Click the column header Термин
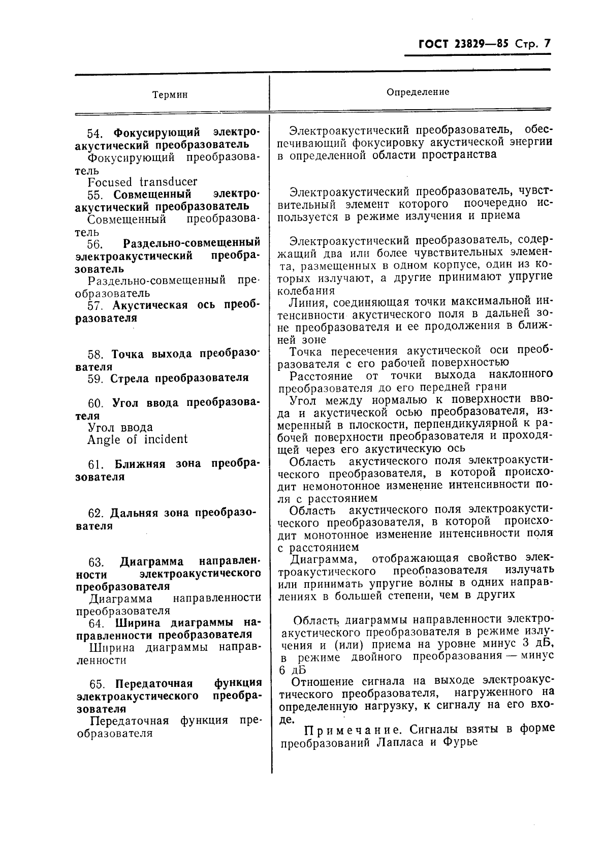point(170,95)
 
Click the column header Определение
point(418,92)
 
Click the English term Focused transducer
point(142,182)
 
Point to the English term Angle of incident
point(137,439)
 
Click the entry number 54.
point(95,133)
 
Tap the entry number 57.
point(95,306)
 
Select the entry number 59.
point(96,378)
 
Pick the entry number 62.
point(96,513)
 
